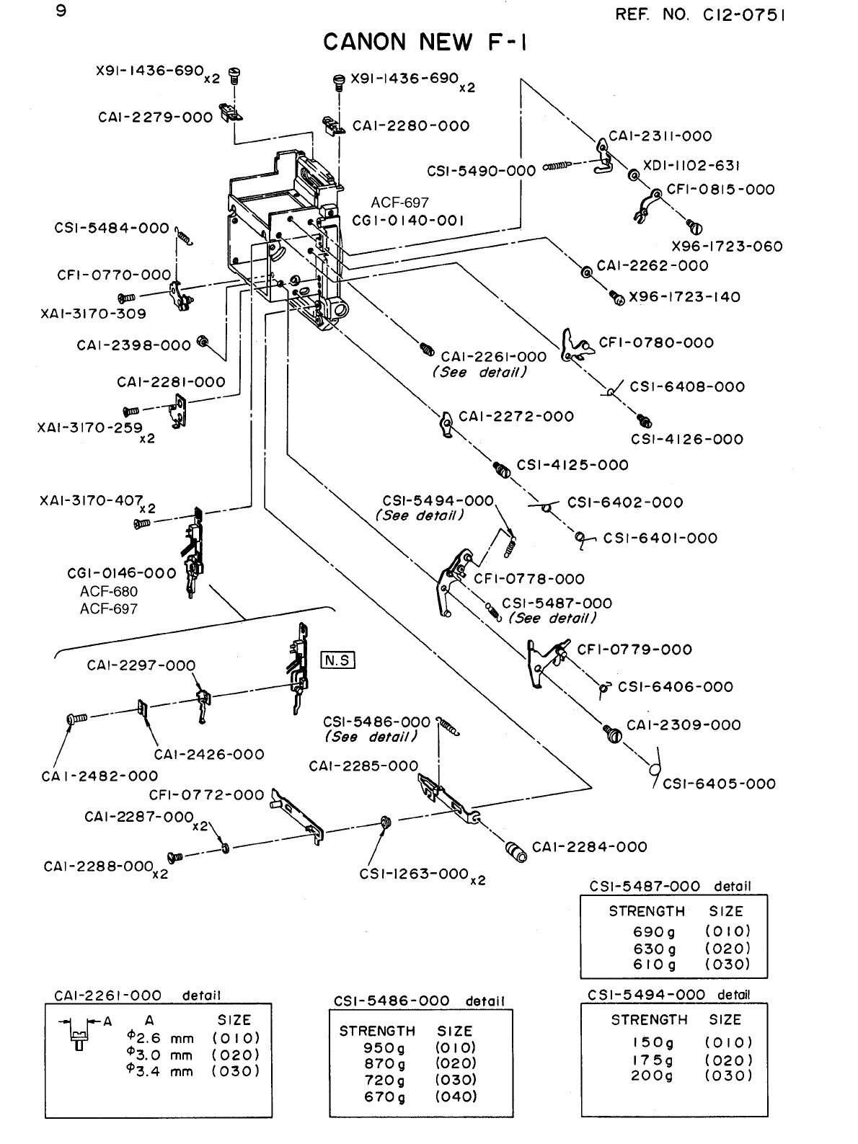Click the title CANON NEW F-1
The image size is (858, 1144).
425,43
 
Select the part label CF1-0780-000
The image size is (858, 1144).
656,342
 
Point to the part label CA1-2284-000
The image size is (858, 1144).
590,847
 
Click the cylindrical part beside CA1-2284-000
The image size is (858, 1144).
516,851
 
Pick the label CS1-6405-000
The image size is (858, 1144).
719,784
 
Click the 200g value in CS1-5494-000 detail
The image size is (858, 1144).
653,1076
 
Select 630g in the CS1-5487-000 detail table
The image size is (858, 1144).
655,949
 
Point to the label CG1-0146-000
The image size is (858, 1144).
121,573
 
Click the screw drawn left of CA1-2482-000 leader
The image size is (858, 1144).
76,718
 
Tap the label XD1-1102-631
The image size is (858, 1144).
692,166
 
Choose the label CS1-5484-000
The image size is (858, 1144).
112,229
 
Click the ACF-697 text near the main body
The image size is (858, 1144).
399,203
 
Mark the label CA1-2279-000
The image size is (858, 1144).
155,117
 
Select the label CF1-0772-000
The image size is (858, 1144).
206,795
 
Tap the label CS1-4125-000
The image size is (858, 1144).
572,465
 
